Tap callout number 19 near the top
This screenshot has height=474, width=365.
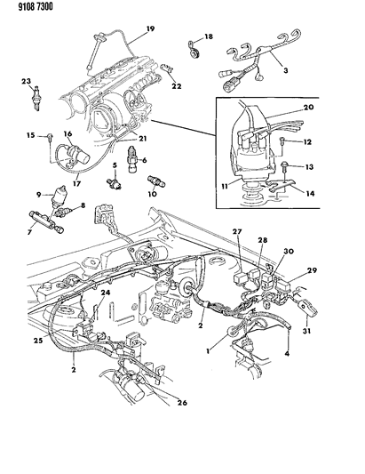(150, 29)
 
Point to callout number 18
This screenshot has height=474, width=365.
(210, 36)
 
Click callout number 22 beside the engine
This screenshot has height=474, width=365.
(178, 86)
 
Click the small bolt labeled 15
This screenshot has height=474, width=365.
(44, 136)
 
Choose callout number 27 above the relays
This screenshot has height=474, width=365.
(237, 232)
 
